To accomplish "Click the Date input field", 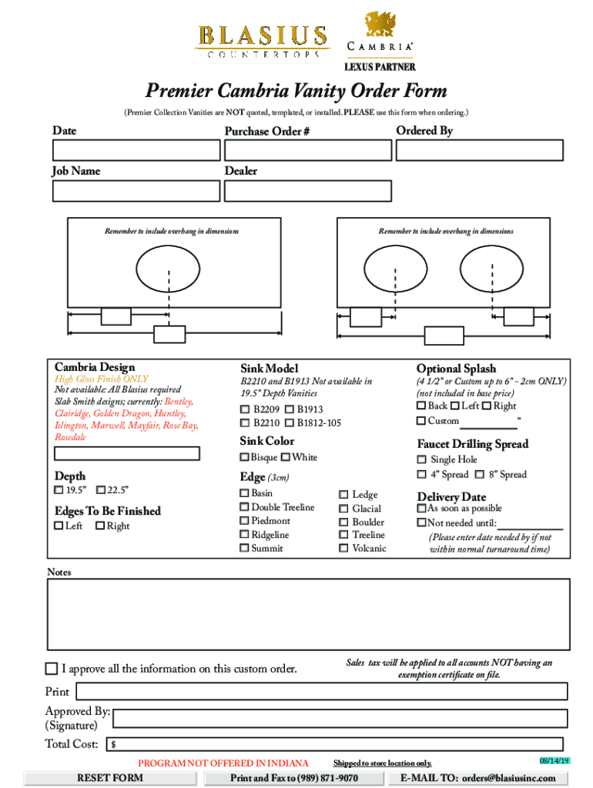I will pyautogui.click(x=132, y=149).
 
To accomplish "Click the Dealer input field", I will pyautogui.click(x=307, y=190).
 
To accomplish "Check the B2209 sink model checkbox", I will pyautogui.click(x=245, y=409).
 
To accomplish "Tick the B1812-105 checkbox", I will pyautogui.click(x=289, y=422).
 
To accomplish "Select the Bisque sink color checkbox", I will pyautogui.click(x=245, y=458).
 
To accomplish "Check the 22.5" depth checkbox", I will pyautogui.click(x=101, y=490).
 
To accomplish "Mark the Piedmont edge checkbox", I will pyautogui.click(x=245, y=521).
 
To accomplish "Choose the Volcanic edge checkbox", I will pyautogui.click(x=343, y=549).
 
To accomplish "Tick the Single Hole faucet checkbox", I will pyautogui.click(x=421, y=459).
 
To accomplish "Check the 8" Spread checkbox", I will pyautogui.click(x=480, y=475).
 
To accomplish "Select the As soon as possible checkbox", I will pyautogui.click(x=421, y=509).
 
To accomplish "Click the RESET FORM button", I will pyautogui.click(x=110, y=778).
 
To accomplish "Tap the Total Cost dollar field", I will pyautogui.click(x=336, y=744).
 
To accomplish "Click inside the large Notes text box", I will pyautogui.click(x=308, y=613).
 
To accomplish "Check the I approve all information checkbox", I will pyautogui.click(x=52, y=668).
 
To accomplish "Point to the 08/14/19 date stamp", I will pyautogui.click(x=554, y=760).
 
